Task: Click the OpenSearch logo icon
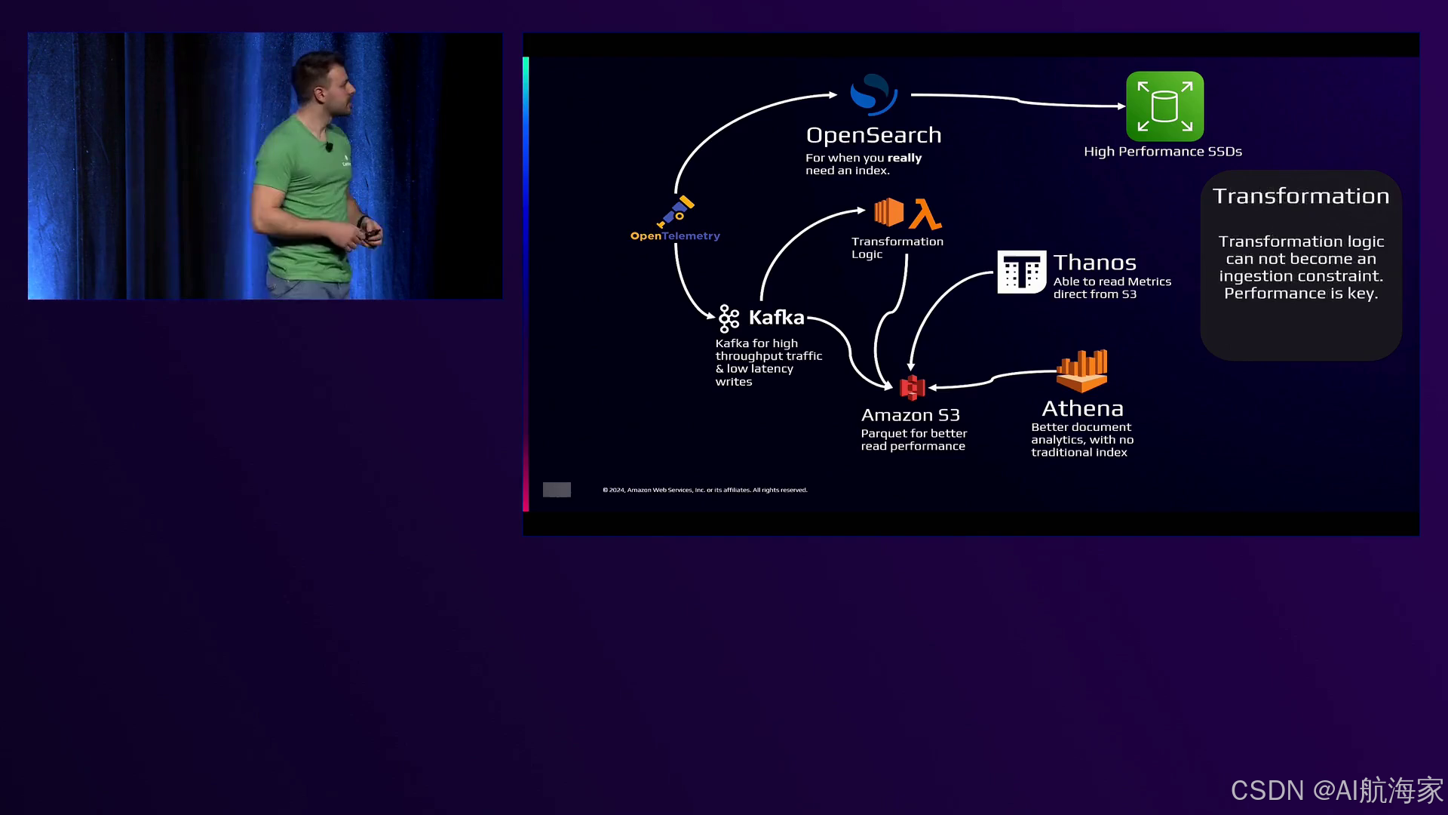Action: [873, 94]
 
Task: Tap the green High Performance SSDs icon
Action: [1164, 106]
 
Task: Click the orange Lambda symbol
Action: [925, 214]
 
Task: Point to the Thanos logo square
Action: [1021, 272]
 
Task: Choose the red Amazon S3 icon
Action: [913, 387]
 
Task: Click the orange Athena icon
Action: [1082, 371]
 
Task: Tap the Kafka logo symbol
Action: [729, 318]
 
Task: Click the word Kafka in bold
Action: [776, 318]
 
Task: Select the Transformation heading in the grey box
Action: [1300, 196]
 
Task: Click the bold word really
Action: [904, 158]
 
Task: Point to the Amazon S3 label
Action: [910, 415]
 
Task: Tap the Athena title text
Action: [1082, 408]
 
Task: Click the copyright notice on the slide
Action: [704, 490]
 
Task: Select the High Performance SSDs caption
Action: [1162, 152]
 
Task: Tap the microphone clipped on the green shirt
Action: [329, 146]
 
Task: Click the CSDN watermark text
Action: [1336, 790]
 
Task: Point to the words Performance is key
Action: [1300, 294]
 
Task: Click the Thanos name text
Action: [1094, 263]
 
